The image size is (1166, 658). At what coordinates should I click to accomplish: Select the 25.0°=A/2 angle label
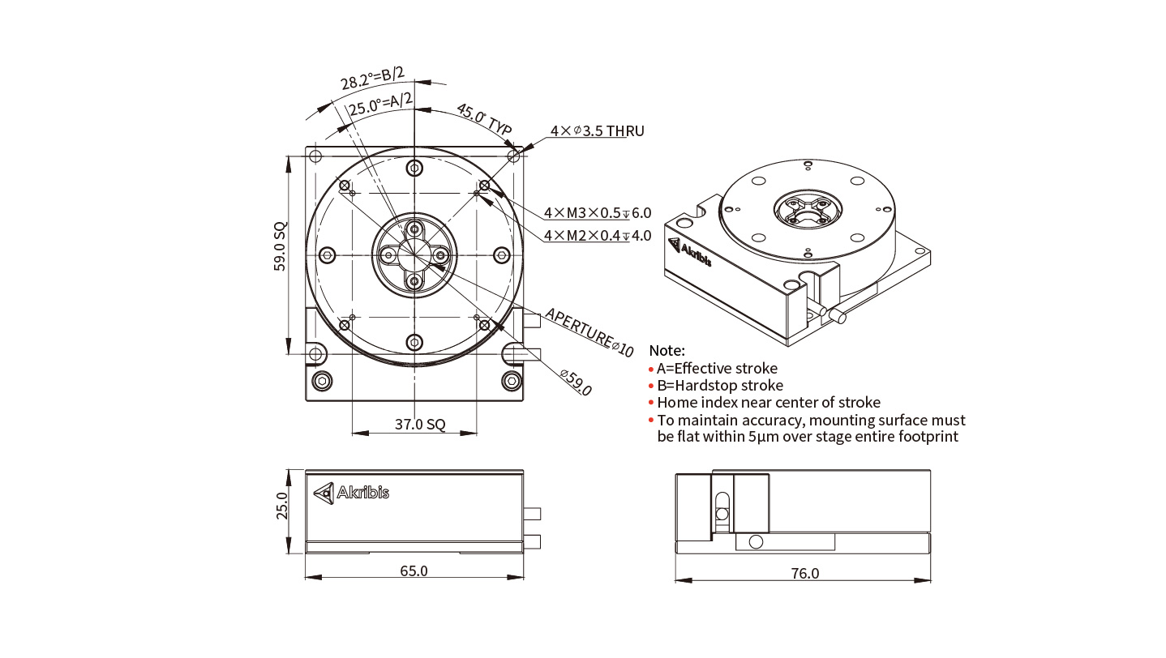click(x=380, y=104)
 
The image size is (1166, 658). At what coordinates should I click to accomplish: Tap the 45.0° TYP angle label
click(x=484, y=119)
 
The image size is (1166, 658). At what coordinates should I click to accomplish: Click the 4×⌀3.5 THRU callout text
click(x=597, y=130)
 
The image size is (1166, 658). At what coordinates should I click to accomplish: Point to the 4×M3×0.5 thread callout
click(x=598, y=213)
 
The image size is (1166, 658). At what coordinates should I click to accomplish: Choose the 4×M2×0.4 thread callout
click(x=598, y=236)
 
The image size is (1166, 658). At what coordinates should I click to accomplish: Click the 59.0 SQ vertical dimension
click(x=280, y=246)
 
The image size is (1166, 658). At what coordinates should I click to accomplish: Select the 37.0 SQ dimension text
click(x=420, y=425)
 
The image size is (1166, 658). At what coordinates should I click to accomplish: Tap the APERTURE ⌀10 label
click(x=589, y=332)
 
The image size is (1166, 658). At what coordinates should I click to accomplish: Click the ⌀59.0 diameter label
click(x=576, y=382)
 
